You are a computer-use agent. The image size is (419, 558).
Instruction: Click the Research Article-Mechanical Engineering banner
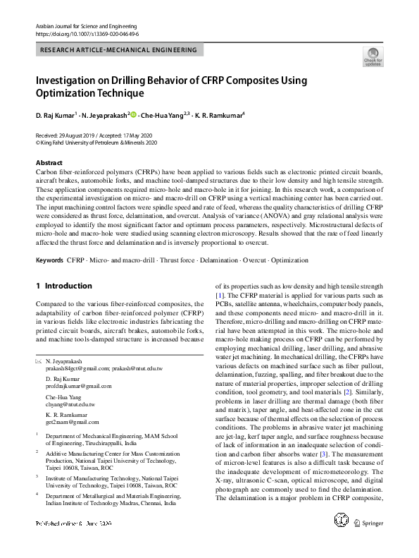pyautogui.click(x=120, y=50)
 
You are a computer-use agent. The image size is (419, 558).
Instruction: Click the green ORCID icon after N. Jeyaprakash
pyautogui.click(x=132, y=114)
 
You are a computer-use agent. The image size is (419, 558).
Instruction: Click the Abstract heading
pyautogui.click(x=49, y=162)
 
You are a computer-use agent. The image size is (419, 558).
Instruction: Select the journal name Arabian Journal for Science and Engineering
pyautogui.click(x=83, y=25)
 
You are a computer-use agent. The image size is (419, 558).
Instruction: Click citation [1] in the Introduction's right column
pyautogui.click(x=220, y=294)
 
